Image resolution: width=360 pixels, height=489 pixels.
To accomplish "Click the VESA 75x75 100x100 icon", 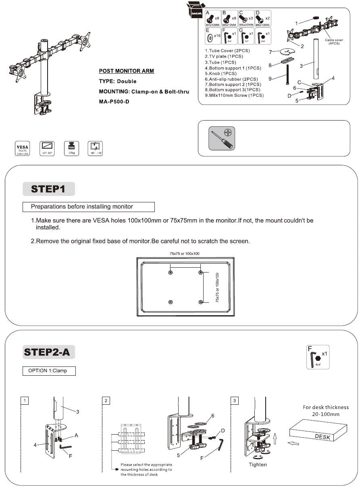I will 21,149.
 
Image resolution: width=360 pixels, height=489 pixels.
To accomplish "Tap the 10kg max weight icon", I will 71,149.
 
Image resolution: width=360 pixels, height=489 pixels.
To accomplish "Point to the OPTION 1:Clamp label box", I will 49,371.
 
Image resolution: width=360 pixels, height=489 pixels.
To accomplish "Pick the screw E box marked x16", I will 212,36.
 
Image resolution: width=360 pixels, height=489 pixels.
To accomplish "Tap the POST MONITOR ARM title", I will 126,71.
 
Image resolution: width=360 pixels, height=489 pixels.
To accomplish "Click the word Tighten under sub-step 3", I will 258,464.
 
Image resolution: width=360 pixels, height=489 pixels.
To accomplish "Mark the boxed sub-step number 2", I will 106,401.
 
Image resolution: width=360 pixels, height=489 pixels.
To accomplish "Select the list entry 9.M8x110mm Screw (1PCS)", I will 234,96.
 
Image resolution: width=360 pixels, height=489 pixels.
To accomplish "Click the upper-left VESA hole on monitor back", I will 171,273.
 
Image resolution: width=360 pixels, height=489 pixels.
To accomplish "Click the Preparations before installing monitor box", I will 89,207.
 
